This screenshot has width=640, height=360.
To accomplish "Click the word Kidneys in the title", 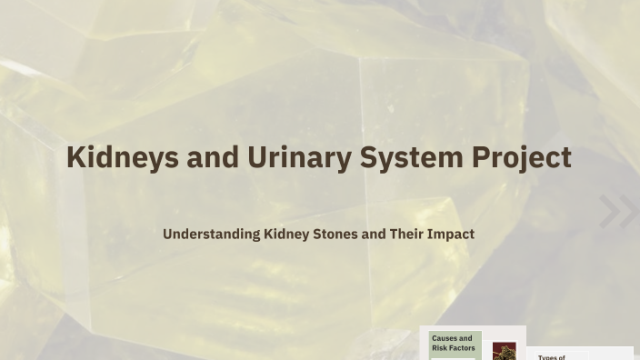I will [122, 157].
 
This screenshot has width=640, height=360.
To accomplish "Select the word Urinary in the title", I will [299, 157].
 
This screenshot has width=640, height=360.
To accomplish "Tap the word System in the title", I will [411, 157].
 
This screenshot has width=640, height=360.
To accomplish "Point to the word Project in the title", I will [521, 157].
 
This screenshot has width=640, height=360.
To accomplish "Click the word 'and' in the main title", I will [213, 157].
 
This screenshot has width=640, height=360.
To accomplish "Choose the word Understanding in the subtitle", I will [211, 234].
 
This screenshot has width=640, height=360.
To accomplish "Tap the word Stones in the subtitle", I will [335, 234].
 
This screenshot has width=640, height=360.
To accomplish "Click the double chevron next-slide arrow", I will [618, 212].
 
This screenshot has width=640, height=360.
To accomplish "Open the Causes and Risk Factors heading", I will [453, 343].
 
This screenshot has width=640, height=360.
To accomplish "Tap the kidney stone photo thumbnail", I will [504, 351].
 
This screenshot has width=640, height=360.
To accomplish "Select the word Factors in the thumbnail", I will [462, 348].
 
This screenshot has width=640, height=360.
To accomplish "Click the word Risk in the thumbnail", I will [439, 348].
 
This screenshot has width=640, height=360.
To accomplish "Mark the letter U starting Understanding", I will [168, 234].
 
